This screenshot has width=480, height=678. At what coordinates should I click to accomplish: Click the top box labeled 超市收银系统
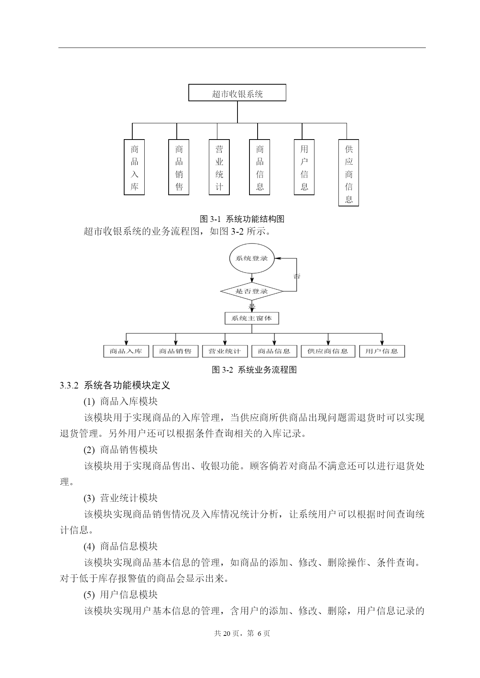(237, 93)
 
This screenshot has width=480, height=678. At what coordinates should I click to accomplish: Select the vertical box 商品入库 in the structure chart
(134, 167)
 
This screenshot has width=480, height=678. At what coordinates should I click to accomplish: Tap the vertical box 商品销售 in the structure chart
(179, 167)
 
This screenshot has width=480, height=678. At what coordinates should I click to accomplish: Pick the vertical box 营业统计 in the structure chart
(219, 167)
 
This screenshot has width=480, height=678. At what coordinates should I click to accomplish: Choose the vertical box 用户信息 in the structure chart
(304, 167)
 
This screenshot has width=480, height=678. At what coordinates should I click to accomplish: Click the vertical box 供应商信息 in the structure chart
(348, 173)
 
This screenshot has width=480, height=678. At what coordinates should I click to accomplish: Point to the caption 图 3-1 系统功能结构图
(242, 219)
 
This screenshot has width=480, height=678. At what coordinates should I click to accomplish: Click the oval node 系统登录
(252, 258)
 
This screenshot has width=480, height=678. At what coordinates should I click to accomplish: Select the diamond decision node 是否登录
(252, 291)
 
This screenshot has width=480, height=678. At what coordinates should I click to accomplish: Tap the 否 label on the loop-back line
(297, 276)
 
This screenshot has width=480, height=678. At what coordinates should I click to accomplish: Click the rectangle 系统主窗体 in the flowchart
(252, 318)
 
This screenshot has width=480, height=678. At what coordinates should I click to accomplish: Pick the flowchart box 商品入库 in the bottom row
(126, 351)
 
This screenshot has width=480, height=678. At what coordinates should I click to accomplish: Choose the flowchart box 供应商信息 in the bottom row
(328, 351)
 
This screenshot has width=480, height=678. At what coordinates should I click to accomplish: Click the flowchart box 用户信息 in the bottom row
(382, 351)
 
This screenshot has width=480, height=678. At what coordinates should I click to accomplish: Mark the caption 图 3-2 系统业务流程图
(255, 370)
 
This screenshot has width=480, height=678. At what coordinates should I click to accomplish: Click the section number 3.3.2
(69, 385)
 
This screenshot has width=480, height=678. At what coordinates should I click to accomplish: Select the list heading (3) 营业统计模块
(121, 498)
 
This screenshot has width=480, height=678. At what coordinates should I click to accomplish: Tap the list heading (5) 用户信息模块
(121, 595)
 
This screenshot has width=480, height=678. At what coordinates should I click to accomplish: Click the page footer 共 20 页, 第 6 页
(242, 633)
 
